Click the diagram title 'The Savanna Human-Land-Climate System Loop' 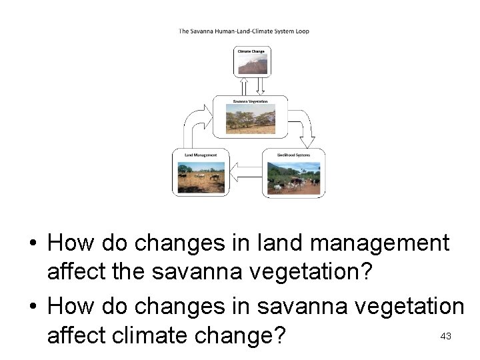click(243, 31)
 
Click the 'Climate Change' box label click(251, 51)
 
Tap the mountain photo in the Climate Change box click(252, 64)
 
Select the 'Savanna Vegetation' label click(250, 101)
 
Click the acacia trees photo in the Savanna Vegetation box click(250, 119)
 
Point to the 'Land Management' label click(201, 155)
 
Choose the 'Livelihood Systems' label click(293, 155)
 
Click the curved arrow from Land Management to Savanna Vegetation click(194, 127)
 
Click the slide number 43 click(446, 337)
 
